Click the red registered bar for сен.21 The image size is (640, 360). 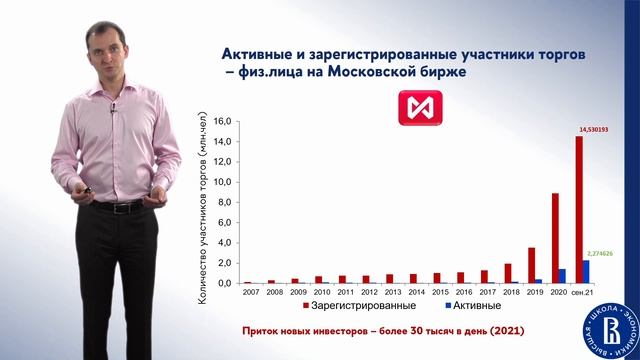coord(579,210)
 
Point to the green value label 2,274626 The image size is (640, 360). coord(599,253)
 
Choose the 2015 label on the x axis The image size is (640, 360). coord(441,292)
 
